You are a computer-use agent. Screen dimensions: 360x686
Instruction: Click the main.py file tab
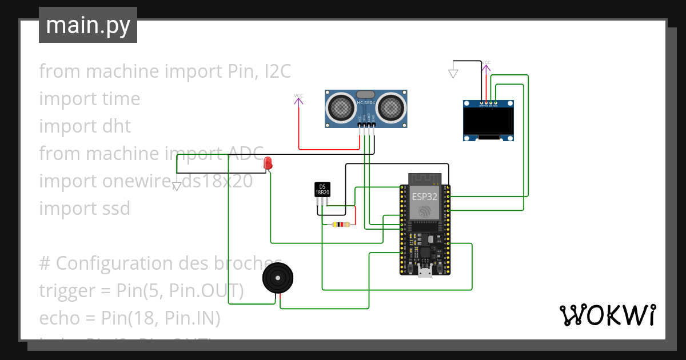click(x=87, y=25)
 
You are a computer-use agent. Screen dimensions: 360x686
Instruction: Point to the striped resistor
click(x=342, y=225)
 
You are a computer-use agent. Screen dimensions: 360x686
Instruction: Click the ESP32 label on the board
click(x=425, y=197)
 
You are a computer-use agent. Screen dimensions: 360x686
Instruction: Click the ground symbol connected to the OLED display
click(x=453, y=73)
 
